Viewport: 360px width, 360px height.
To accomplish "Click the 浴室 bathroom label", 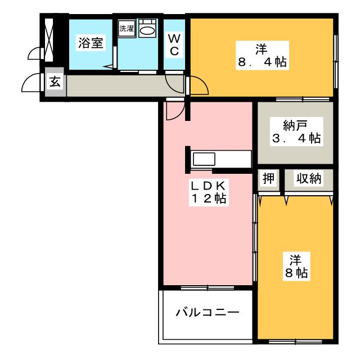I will pos(90,42).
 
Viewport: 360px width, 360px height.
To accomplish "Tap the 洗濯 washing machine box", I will pos(125,28).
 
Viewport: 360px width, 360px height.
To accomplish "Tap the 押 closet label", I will pos(269,179).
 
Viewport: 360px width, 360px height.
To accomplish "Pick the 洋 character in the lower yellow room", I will pos(296,259).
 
